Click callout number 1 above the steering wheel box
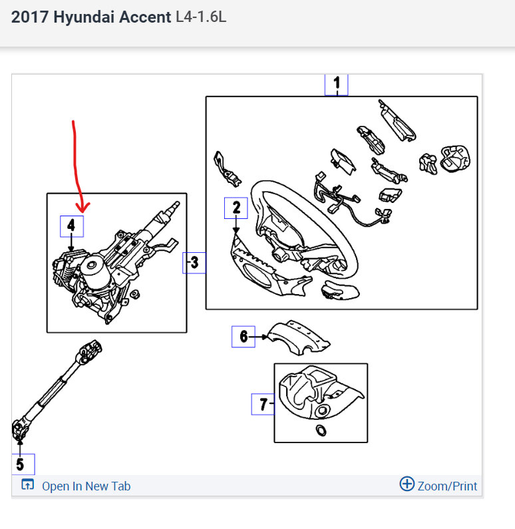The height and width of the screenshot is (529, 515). click(x=336, y=84)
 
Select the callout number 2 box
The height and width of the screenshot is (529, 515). click(x=236, y=208)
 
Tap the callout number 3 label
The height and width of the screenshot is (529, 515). click(x=194, y=263)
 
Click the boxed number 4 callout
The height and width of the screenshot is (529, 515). click(x=72, y=227)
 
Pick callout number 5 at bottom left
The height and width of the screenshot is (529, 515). click(x=20, y=464)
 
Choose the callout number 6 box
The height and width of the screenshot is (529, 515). click(x=243, y=337)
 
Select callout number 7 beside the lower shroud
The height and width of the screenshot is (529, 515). click(x=263, y=404)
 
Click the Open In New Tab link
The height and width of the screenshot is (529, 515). click(x=86, y=486)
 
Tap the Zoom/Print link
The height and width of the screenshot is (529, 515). click(x=446, y=486)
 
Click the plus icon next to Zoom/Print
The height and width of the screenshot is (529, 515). click(x=407, y=484)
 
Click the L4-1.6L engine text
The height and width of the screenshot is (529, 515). click(x=201, y=17)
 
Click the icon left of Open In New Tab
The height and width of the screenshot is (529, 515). click(x=27, y=485)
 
